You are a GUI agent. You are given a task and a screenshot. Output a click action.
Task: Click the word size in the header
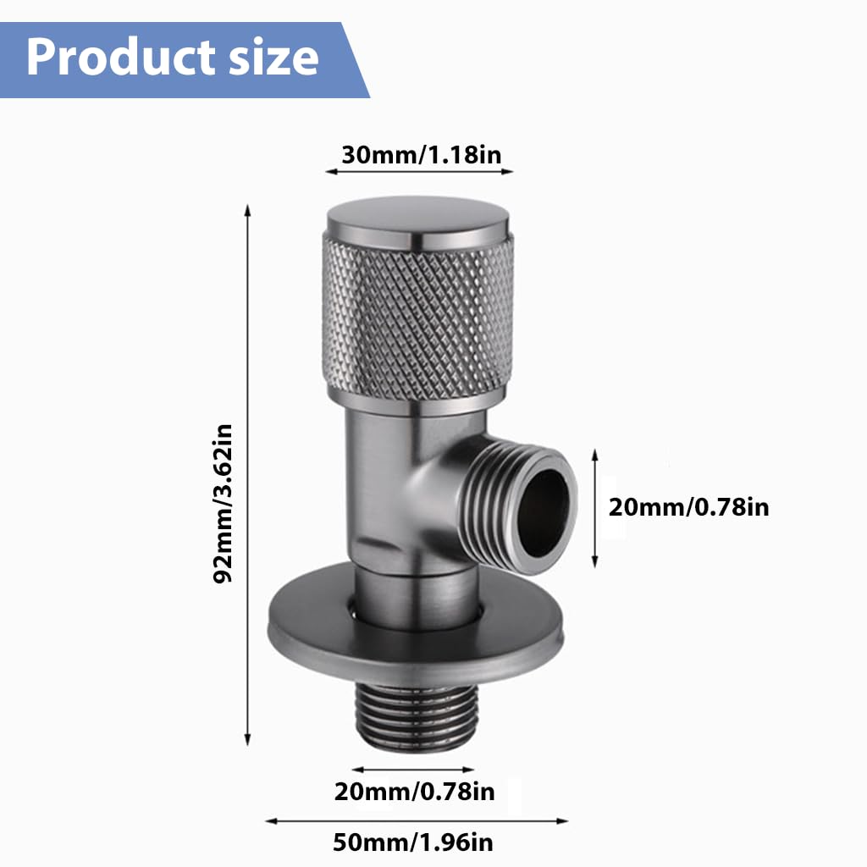271,58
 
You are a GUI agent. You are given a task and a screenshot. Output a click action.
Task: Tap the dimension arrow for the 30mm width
419,171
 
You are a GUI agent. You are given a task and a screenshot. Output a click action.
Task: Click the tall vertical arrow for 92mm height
247,474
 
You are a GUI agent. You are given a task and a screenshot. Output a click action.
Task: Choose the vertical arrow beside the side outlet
595,508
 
